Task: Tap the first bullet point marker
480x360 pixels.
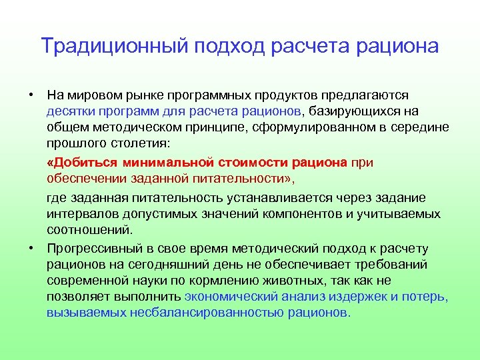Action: point(31,94)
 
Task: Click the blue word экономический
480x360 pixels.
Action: point(231,297)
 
